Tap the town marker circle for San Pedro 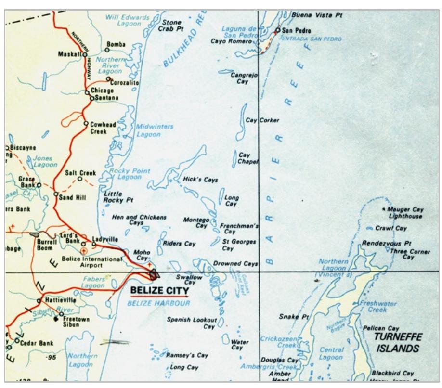point(277,30)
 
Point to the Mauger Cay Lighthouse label point(405,213)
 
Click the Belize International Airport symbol point(85,251)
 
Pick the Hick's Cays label point(200,180)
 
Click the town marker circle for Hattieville point(40,298)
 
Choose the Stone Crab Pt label point(171,25)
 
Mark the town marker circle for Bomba point(107,50)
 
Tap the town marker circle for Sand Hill point(56,194)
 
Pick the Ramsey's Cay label point(187,355)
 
